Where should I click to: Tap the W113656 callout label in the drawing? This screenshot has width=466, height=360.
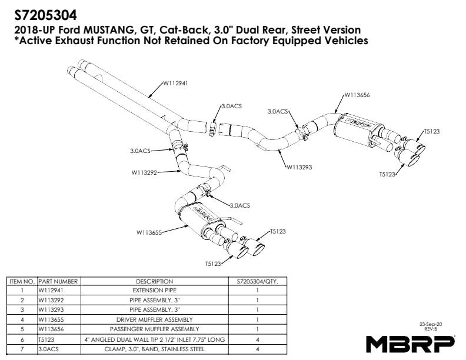click(x=357, y=94)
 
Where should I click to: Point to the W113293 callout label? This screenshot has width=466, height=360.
click(x=299, y=167)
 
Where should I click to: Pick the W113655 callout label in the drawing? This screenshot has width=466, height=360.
click(x=149, y=232)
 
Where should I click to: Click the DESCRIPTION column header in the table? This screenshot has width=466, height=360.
click(x=154, y=282)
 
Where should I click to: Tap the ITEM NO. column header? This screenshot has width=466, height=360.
click(x=22, y=282)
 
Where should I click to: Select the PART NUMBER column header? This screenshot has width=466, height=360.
click(x=58, y=282)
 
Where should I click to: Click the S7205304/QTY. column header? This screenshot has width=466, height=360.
click(x=257, y=282)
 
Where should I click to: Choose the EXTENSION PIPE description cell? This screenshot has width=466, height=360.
click(x=154, y=291)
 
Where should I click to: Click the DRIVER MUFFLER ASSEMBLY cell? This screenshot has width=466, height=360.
click(x=154, y=319)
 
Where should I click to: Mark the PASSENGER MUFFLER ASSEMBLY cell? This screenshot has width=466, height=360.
click(x=154, y=329)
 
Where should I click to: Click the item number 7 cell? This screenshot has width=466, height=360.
click(x=22, y=349)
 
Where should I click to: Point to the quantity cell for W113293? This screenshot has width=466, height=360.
click(x=257, y=310)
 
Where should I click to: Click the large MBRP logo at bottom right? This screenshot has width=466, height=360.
click(x=410, y=344)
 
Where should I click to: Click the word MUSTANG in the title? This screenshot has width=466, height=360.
click(x=106, y=29)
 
